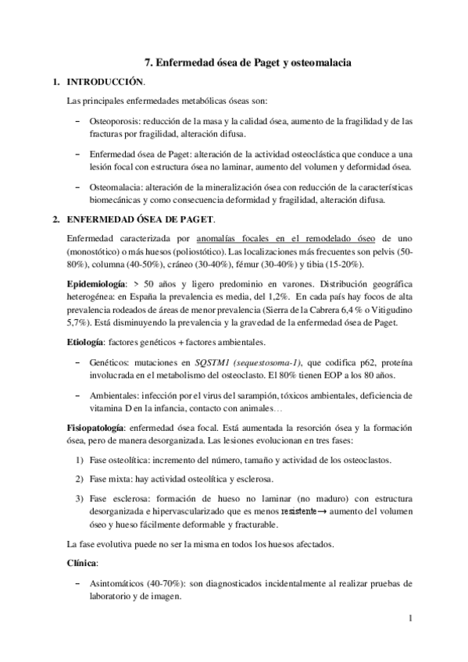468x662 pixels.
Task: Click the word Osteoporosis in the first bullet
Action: click(x=114, y=122)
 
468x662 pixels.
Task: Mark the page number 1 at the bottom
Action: click(x=409, y=621)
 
